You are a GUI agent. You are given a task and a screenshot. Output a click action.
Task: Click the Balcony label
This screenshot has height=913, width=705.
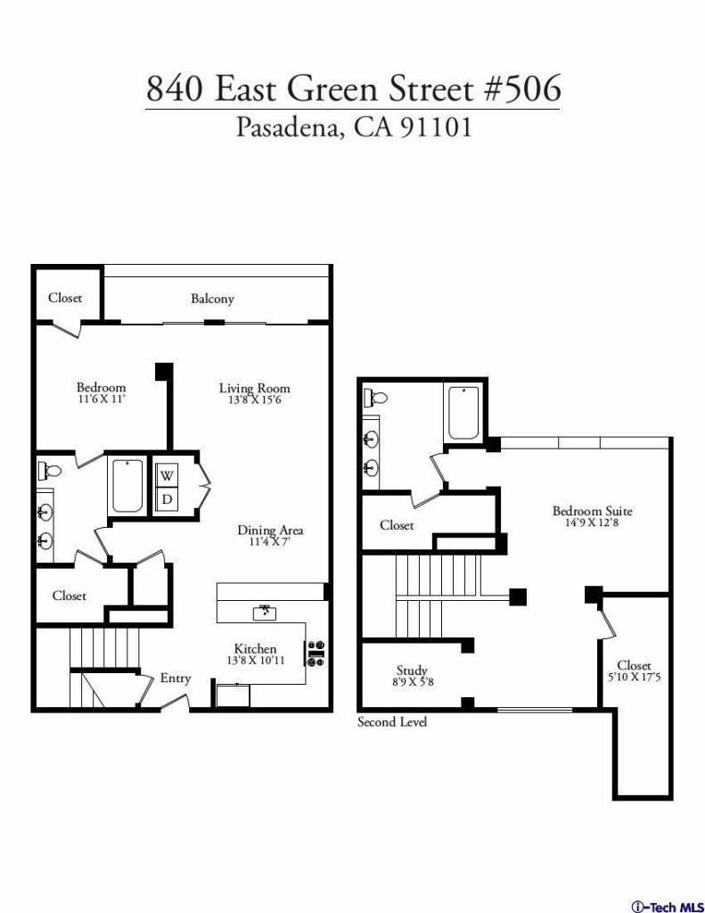(212, 299)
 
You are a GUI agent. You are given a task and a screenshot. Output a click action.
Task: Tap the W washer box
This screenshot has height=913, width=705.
(167, 476)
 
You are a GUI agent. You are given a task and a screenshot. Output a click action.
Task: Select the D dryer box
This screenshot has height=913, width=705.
(167, 499)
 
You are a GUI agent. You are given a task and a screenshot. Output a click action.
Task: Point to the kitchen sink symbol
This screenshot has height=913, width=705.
(265, 613)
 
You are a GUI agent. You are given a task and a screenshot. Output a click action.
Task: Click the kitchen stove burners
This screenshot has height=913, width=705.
(316, 654)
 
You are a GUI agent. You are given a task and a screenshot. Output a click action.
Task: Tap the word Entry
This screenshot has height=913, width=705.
(176, 679)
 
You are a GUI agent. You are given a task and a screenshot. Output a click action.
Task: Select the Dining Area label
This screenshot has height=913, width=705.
(270, 530)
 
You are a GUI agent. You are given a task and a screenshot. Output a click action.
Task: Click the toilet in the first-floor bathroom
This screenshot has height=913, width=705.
(49, 469)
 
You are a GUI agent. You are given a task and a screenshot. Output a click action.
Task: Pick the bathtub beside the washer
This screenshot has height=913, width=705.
(127, 486)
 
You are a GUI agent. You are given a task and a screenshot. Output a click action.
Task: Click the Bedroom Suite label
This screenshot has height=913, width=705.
(592, 511)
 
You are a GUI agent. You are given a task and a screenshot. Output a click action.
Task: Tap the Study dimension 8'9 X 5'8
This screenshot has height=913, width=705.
(413, 682)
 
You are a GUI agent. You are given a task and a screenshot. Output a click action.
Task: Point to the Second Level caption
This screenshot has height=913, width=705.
(392, 722)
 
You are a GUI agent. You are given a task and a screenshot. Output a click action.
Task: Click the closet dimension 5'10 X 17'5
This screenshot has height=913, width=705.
(634, 678)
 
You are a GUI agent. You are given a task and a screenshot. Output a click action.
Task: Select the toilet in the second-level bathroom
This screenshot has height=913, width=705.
(375, 399)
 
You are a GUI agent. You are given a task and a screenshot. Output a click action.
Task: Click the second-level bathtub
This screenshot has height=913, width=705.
(463, 413)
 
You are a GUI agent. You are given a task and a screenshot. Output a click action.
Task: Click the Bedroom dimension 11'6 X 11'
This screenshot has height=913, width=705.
(102, 400)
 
